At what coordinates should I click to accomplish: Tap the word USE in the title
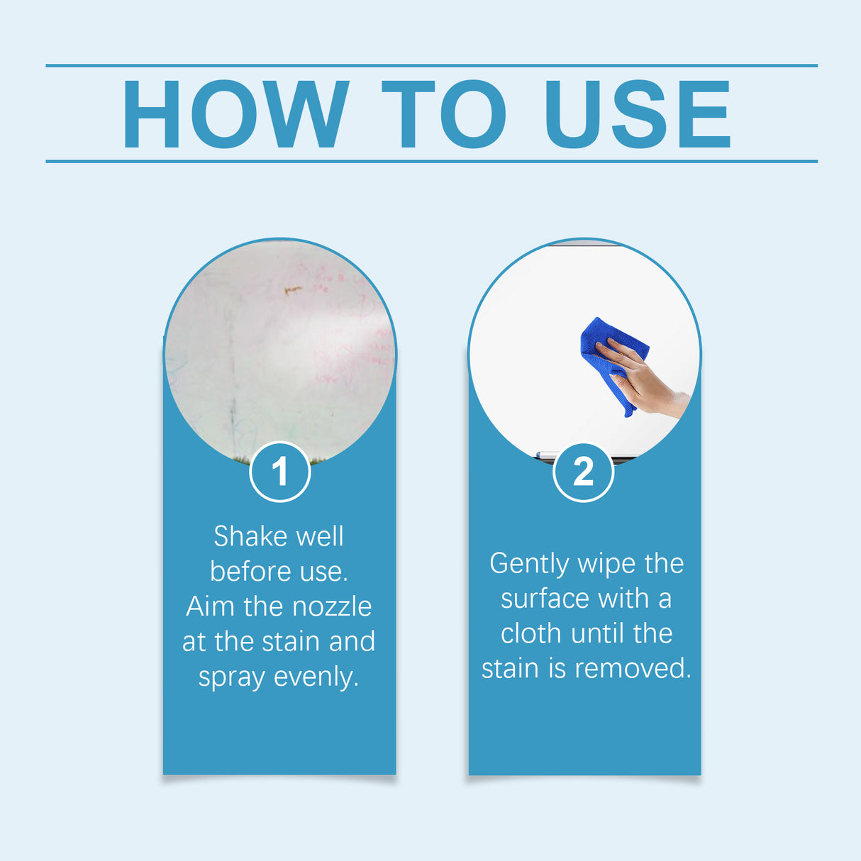[x=637, y=114]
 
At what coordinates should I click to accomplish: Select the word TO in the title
[x=444, y=114]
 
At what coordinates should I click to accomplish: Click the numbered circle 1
[x=280, y=472]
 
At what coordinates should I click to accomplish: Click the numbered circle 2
[x=583, y=472]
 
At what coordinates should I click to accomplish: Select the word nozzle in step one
[x=332, y=606]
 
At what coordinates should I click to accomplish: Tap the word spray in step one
[x=231, y=678]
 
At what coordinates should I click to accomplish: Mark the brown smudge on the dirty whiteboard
[x=292, y=289]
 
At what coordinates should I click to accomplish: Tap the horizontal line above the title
[x=431, y=65]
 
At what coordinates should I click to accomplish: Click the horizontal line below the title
[x=431, y=161]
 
